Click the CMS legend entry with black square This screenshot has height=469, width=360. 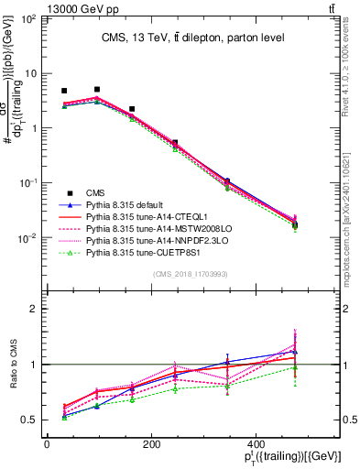click(x=96, y=192)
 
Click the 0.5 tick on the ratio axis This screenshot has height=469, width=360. click(x=31, y=420)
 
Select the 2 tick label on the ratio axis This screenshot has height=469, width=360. click(x=36, y=309)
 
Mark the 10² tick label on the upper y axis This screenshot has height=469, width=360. click(x=29, y=19)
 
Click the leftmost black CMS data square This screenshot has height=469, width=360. click(x=64, y=92)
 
